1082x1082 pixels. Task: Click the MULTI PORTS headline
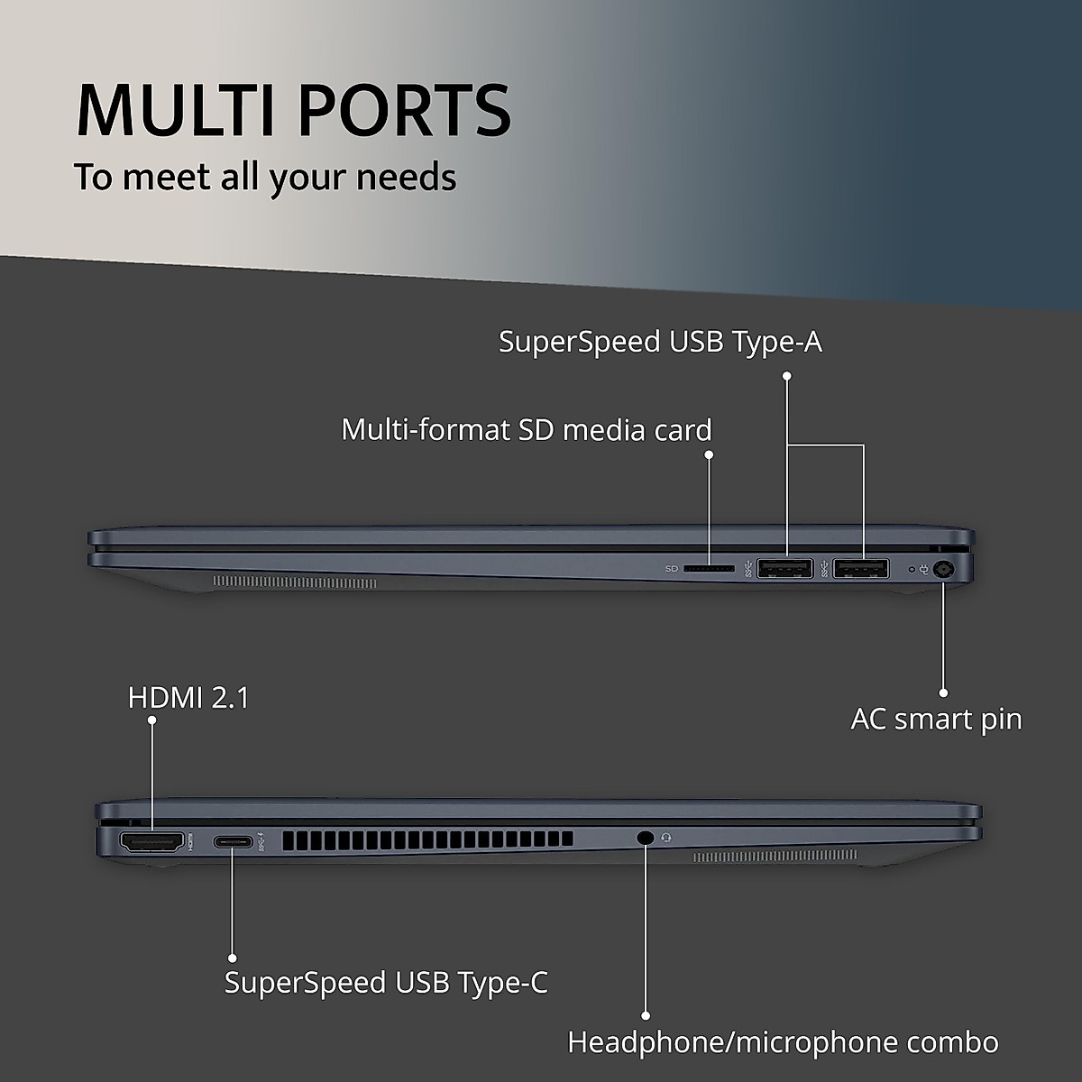click(x=294, y=110)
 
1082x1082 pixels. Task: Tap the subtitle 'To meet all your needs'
click(x=265, y=177)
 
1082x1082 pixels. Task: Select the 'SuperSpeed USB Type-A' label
click(x=660, y=342)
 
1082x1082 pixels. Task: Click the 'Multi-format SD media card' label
click(x=527, y=429)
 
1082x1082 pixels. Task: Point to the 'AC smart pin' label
click(x=936, y=719)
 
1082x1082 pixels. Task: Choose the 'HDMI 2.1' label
click(x=188, y=697)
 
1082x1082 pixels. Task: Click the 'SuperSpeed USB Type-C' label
click(x=386, y=982)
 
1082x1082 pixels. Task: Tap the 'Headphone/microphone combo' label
click(x=783, y=1042)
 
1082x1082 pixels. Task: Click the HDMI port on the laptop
click(x=152, y=842)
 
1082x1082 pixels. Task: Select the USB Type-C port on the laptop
click(x=234, y=842)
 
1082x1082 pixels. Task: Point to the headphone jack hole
click(x=644, y=837)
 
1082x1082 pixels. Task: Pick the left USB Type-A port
click(x=785, y=569)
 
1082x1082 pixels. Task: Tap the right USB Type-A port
click(x=861, y=569)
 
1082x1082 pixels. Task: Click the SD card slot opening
click(x=709, y=569)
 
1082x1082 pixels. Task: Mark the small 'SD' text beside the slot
click(x=671, y=569)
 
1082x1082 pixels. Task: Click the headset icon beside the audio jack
click(x=666, y=837)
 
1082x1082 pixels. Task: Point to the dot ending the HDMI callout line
click(x=151, y=720)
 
